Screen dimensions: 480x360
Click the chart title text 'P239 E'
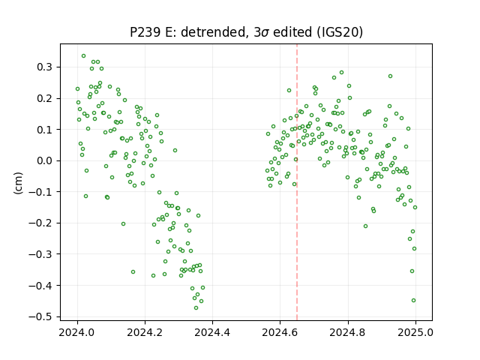coord(150,31)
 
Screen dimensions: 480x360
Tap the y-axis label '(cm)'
coord(18,183)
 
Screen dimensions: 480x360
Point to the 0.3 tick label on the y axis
coord(44,67)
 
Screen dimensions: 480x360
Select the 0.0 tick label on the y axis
coord(44,160)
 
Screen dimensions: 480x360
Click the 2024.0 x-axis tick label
coord(77,331)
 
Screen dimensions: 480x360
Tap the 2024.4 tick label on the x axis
coord(212,331)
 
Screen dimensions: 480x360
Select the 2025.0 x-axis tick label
coord(415,331)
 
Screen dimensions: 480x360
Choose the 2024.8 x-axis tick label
coord(348,331)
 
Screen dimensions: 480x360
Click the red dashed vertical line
coord(297,182)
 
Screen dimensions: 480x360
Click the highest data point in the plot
coord(83,56)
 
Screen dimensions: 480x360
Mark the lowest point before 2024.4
coord(196,307)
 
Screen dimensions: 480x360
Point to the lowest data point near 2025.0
coord(413,300)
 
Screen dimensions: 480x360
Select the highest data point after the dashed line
coord(342,73)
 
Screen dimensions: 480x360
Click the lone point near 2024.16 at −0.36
coord(133,271)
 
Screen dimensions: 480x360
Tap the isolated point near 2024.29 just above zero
coord(175,150)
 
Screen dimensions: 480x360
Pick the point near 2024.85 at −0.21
coord(365,226)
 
